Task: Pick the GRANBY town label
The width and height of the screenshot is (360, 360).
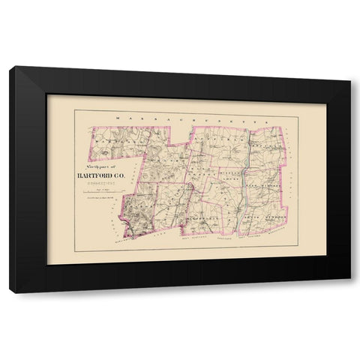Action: tap(171, 160)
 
